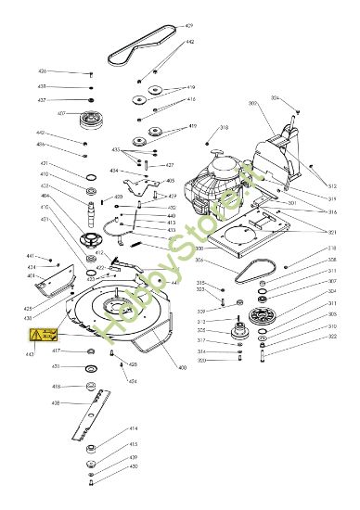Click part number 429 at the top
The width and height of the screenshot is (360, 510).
tap(189, 25)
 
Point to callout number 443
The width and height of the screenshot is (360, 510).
tap(30, 354)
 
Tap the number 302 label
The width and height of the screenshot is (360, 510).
tap(331, 338)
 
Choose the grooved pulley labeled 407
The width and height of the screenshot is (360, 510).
tap(91, 118)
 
